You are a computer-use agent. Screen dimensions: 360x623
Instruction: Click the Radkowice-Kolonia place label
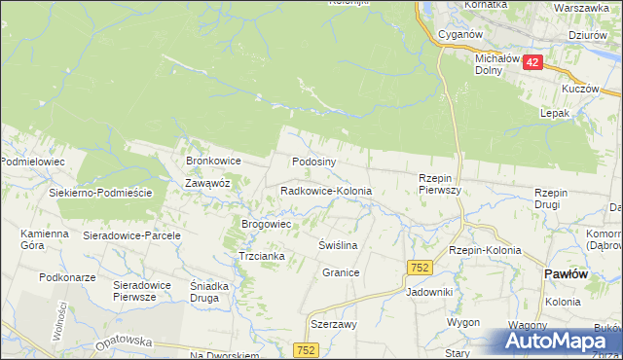coord(326,192)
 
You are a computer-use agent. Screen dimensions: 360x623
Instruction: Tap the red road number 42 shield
coord(531,61)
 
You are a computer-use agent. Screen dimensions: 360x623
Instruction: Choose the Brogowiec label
coord(268,224)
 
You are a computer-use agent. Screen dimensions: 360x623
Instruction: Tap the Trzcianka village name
coord(261,256)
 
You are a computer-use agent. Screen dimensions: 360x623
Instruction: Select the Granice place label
coord(342,273)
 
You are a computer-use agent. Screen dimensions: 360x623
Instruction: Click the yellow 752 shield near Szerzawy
coord(306,349)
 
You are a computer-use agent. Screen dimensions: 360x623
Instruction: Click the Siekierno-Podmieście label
coord(101,194)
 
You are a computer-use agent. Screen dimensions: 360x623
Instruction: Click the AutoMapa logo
coord(559,342)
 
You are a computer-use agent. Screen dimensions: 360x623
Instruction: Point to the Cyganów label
coord(461,34)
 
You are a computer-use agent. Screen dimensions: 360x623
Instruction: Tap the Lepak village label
coord(555,113)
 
